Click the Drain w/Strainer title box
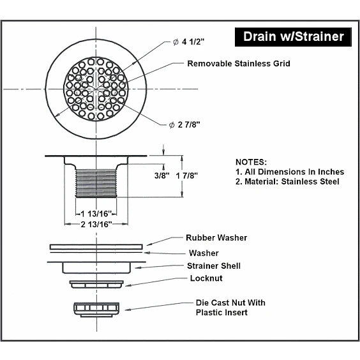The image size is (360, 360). coord(293,37)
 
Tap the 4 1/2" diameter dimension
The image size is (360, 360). coord(189,41)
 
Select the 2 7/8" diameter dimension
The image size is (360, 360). coord(184,124)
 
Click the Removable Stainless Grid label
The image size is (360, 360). coord(239,64)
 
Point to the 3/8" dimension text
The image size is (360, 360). coord(162,176)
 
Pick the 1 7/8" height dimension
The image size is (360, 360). coord(186,176)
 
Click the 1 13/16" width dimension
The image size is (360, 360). coord(96,214)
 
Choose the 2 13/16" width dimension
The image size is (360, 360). coord(96,224)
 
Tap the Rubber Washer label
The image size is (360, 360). coord(216,237)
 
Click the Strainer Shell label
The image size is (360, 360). coord(214,266)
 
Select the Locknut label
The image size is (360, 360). coord(206,278)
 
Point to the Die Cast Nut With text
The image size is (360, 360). coord(230,303)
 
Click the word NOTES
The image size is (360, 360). coord(251,162)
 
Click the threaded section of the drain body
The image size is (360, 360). coord(96,183)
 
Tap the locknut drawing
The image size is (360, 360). coord(96,284)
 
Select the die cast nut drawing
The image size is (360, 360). coord(96,310)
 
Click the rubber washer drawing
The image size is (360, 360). coord(96,247)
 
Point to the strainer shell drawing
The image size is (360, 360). coord(96,267)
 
